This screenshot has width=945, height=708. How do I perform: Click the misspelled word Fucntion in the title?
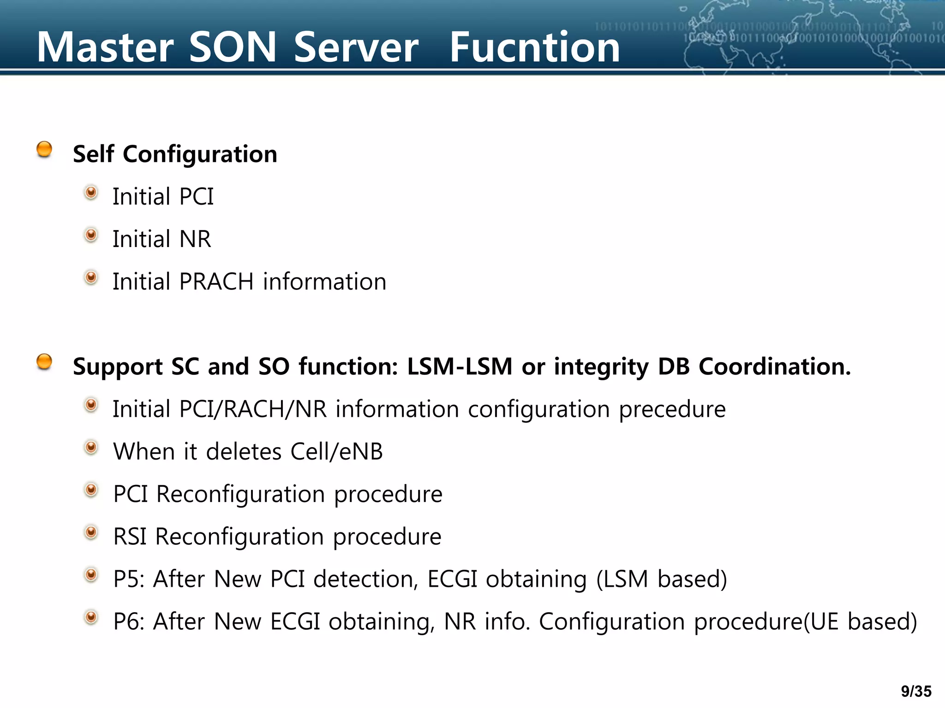point(534,47)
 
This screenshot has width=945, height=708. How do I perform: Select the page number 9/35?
point(916,691)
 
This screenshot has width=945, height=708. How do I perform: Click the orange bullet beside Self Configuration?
point(44,149)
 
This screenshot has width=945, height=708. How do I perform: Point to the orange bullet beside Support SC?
point(44,362)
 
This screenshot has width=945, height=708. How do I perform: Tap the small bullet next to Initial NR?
point(91,235)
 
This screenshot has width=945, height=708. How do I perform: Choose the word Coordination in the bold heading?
point(774,367)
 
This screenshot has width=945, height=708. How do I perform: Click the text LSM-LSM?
point(460,367)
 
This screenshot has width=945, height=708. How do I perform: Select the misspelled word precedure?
point(672,409)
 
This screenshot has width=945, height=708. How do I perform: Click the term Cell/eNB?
point(336,452)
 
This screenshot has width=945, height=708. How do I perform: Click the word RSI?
point(130,537)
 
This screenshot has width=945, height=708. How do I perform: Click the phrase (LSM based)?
point(661,579)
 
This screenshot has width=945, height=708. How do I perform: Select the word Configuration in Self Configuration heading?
point(200,154)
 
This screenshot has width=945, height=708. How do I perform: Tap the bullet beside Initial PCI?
point(91,193)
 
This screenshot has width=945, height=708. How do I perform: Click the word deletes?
point(244,452)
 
